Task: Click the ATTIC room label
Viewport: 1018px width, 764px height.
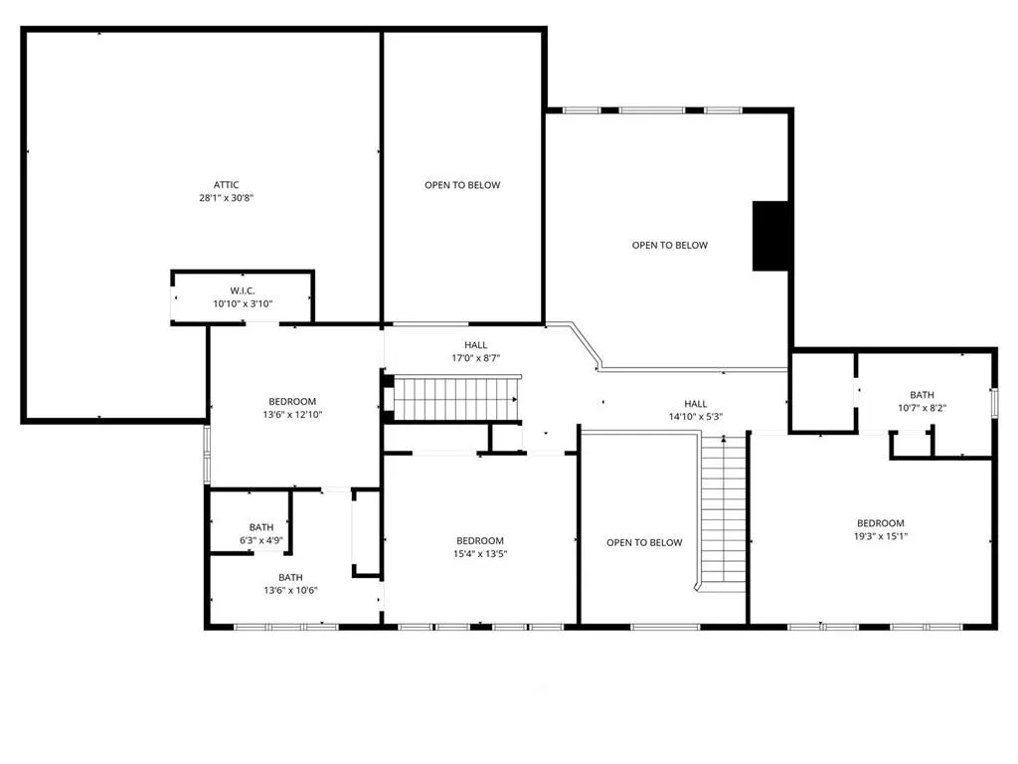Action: (226, 185)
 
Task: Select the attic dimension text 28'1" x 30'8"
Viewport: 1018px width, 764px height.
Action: (226, 198)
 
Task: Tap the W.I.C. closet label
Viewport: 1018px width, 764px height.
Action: (243, 291)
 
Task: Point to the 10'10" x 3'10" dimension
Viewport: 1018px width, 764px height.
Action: (243, 304)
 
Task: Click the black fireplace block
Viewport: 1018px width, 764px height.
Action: (770, 236)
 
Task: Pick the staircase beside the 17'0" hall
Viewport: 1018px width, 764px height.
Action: (455, 398)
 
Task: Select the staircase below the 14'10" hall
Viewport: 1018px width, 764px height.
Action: (722, 513)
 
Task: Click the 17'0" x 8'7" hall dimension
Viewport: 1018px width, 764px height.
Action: (476, 358)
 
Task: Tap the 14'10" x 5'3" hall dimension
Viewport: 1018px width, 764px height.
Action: (695, 417)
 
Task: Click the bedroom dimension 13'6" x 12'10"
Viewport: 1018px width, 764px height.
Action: (292, 415)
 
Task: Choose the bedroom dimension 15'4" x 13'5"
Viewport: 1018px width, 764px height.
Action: (480, 554)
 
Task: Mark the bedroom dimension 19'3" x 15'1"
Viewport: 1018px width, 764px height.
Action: (881, 536)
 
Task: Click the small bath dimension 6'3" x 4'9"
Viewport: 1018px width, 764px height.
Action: (261, 540)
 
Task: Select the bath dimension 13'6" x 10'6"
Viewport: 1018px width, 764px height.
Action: (290, 591)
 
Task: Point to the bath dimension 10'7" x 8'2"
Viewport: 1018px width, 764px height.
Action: (922, 409)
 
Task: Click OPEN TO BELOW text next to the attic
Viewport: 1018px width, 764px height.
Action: (462, 185)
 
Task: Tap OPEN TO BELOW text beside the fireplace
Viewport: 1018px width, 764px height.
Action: (669, 246)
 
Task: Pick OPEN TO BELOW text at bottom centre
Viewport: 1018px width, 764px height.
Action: (644, 543)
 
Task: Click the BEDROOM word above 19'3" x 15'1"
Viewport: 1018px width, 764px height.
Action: (881, 523)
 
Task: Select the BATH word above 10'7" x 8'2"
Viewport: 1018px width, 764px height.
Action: (922, 395)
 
